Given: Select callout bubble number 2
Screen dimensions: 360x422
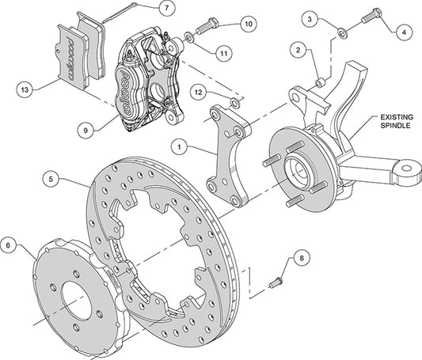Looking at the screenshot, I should tap(298, 50).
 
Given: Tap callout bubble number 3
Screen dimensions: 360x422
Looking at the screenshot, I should tap(311, 17).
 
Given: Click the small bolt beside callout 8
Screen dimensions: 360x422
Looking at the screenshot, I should tap(276, 279).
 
